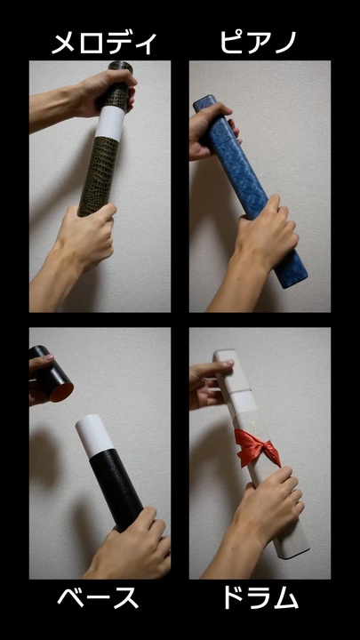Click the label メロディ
(x=104, y=44)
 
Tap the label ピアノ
(x=258, y=42)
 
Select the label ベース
(x=98, y=599)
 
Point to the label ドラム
(x=260, y=599)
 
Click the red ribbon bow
(x=258, y=448)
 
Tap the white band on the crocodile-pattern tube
(x=110, y=124)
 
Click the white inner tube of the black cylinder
(x=94, y=436)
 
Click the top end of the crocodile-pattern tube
(x=120, y=65)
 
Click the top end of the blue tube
(x=204, y=101)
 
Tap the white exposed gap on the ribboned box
(x=242, y=401)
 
